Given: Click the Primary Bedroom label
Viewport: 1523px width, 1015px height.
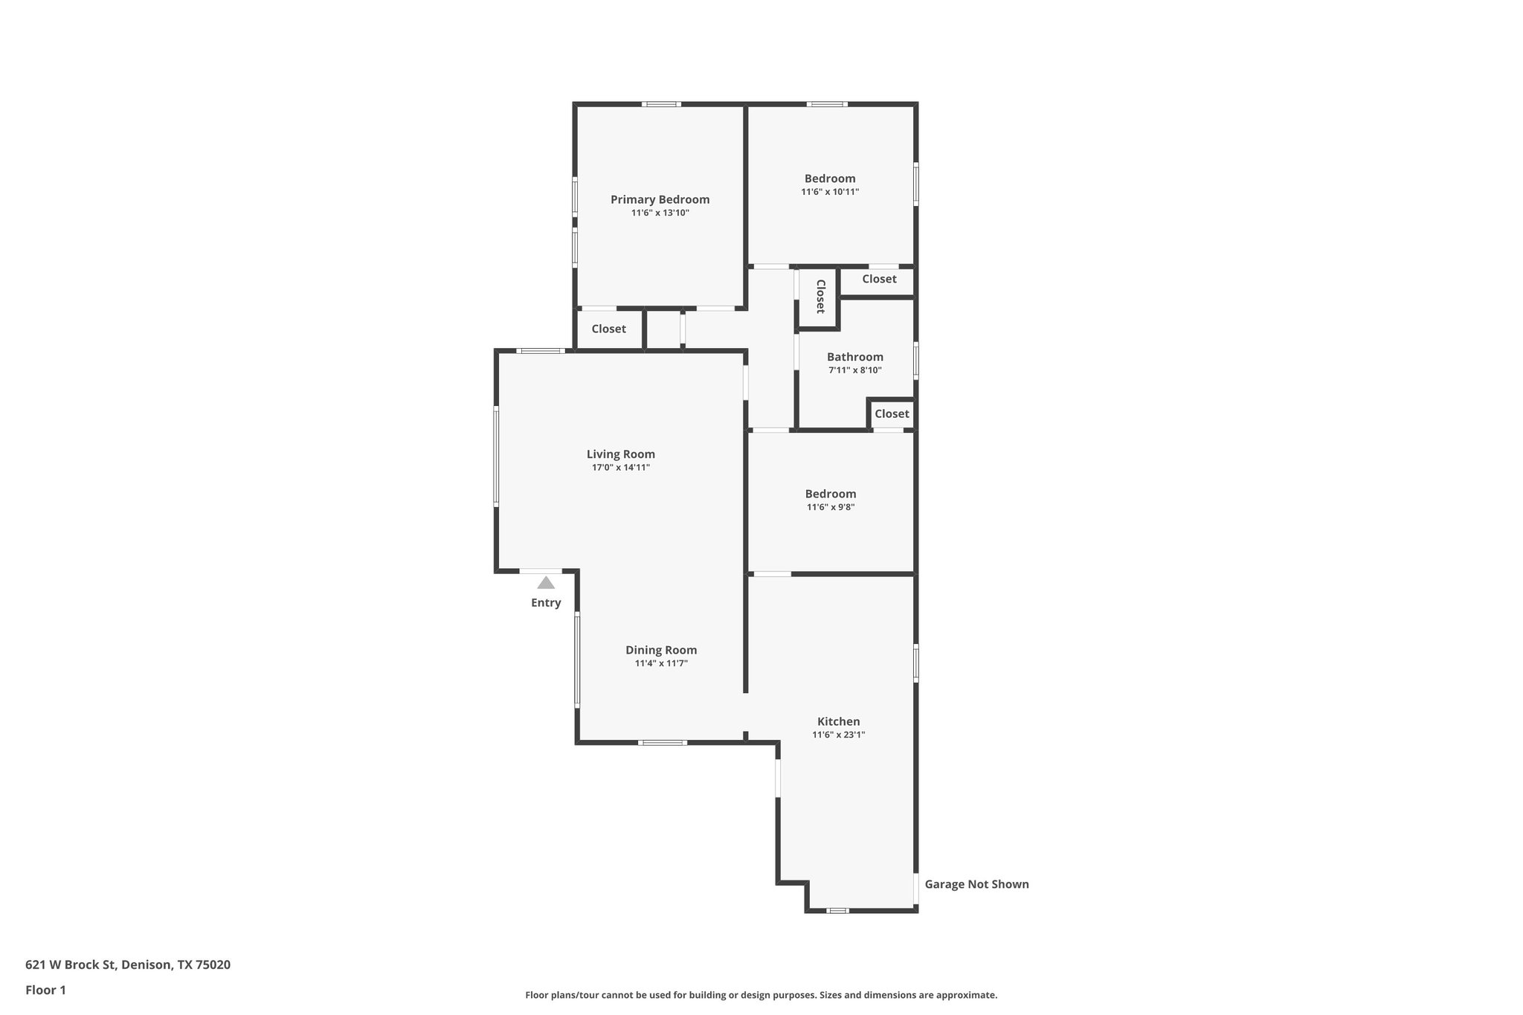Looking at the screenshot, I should coord(660,199).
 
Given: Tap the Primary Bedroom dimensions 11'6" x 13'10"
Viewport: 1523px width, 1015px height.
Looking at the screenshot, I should coord(660,213).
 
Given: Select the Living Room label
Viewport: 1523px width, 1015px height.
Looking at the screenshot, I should coord(620,454).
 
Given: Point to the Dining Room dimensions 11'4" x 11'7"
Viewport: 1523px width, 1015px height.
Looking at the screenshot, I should coord(660,664).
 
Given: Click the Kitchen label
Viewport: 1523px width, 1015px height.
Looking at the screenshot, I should coord(838,721).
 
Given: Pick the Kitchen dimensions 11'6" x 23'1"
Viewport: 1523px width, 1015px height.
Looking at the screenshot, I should coord(838,735).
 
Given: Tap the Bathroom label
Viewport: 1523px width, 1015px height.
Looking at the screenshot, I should coord(854,357).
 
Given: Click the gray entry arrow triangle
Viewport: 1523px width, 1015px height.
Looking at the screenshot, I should coord(546,583).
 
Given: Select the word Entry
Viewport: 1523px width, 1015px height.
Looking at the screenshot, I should coord(546,603).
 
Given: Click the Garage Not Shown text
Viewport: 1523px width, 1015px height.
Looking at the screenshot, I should coord(976,884).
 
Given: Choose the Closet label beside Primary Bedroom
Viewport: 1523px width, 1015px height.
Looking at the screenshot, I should coord(608,329).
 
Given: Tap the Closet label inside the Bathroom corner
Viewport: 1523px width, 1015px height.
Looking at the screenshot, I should coord(891,413).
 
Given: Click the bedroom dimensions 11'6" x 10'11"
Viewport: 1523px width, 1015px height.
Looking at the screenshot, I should coord(830,192).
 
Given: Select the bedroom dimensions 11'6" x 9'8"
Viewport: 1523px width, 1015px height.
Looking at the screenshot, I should coord(830,507).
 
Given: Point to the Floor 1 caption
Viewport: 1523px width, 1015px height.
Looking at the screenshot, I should coord(45,990).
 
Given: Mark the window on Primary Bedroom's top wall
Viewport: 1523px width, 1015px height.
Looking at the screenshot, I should coord(662,104).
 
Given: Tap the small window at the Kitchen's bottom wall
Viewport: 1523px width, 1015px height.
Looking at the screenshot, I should coord(837,910).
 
